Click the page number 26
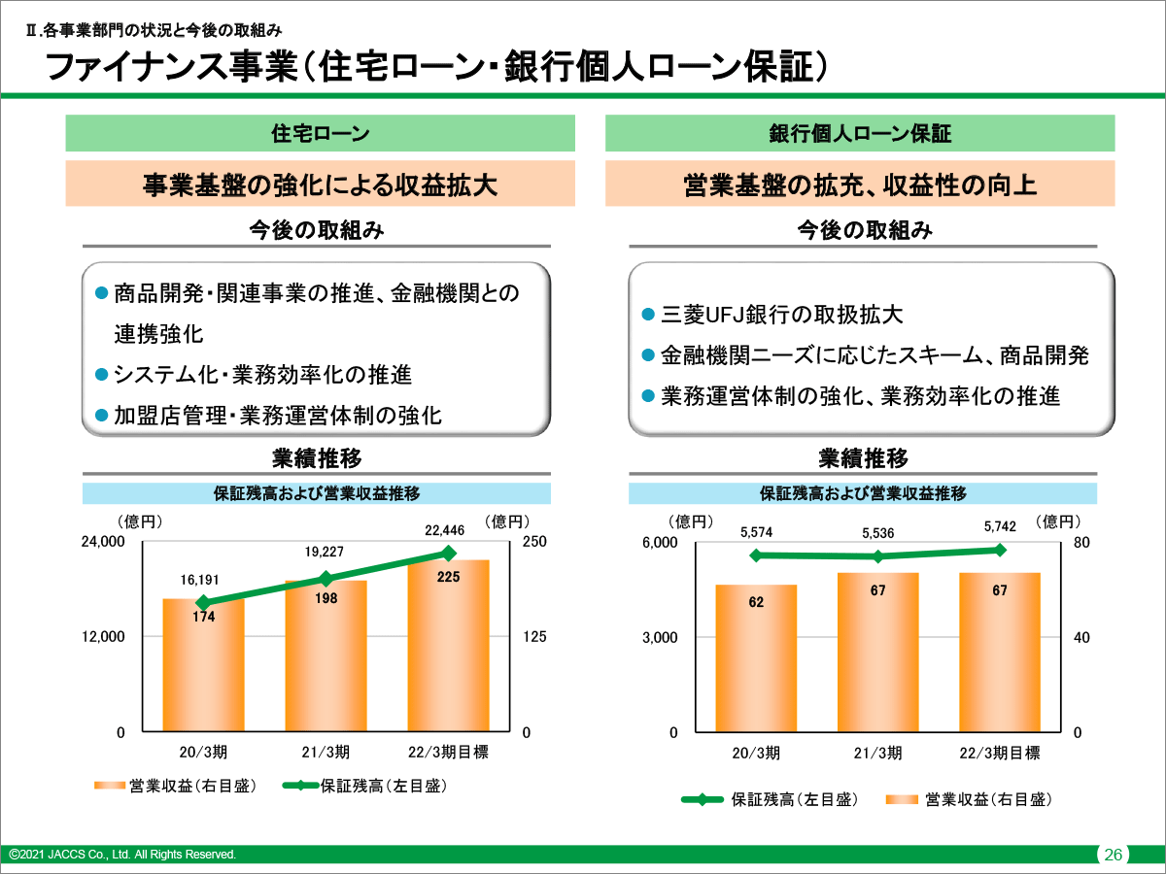pyautogui.click(x=1113, y=855)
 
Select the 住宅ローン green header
pyautogui.click(x=320, y=133)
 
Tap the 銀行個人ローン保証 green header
pyautogui.click(x=860, y=133)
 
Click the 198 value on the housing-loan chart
pyautogui.click(x=326, y=598)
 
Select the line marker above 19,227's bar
pyautogui.click(x=326, y=578)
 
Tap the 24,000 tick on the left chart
pyautogui.click(x=102, y=542)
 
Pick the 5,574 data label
pyautogui.click(x=756, y=532)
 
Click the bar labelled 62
pyautogui.click(x=756, y=660)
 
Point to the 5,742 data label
pyautogui.click(x=1000, y=526)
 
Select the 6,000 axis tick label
pyautogui.click(x=659, y=542)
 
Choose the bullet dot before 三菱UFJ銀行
pyautogui.click(x=648, y=315)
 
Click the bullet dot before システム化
pyautogui.click(x=101, y=374)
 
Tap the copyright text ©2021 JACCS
pyautogui.click(x=122, y=855)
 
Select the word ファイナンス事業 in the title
pyautogui.click(x=171, y=68)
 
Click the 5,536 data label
pyautogui.click(x=877, y=533)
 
